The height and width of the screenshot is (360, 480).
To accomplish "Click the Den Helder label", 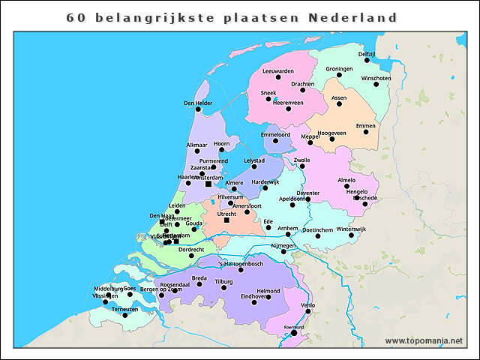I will [x=198, y=103].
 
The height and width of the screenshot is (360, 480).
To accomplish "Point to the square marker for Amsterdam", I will [x=208, y=184].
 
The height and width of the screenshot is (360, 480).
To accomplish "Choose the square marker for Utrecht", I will [x=226, y=220].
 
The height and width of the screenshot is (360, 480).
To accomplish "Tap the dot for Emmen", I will [x=366, y=132].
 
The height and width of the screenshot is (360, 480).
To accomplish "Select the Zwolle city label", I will [x=302, y=160].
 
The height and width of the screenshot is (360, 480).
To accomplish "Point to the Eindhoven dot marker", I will [x=268, y=297].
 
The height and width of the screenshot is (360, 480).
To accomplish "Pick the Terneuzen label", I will [x=124, y=309].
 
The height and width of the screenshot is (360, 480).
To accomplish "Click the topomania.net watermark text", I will [x=424, y=340].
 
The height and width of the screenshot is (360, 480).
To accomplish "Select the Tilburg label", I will [x=225, y=281].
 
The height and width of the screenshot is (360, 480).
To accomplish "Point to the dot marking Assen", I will [x=339, y=104].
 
